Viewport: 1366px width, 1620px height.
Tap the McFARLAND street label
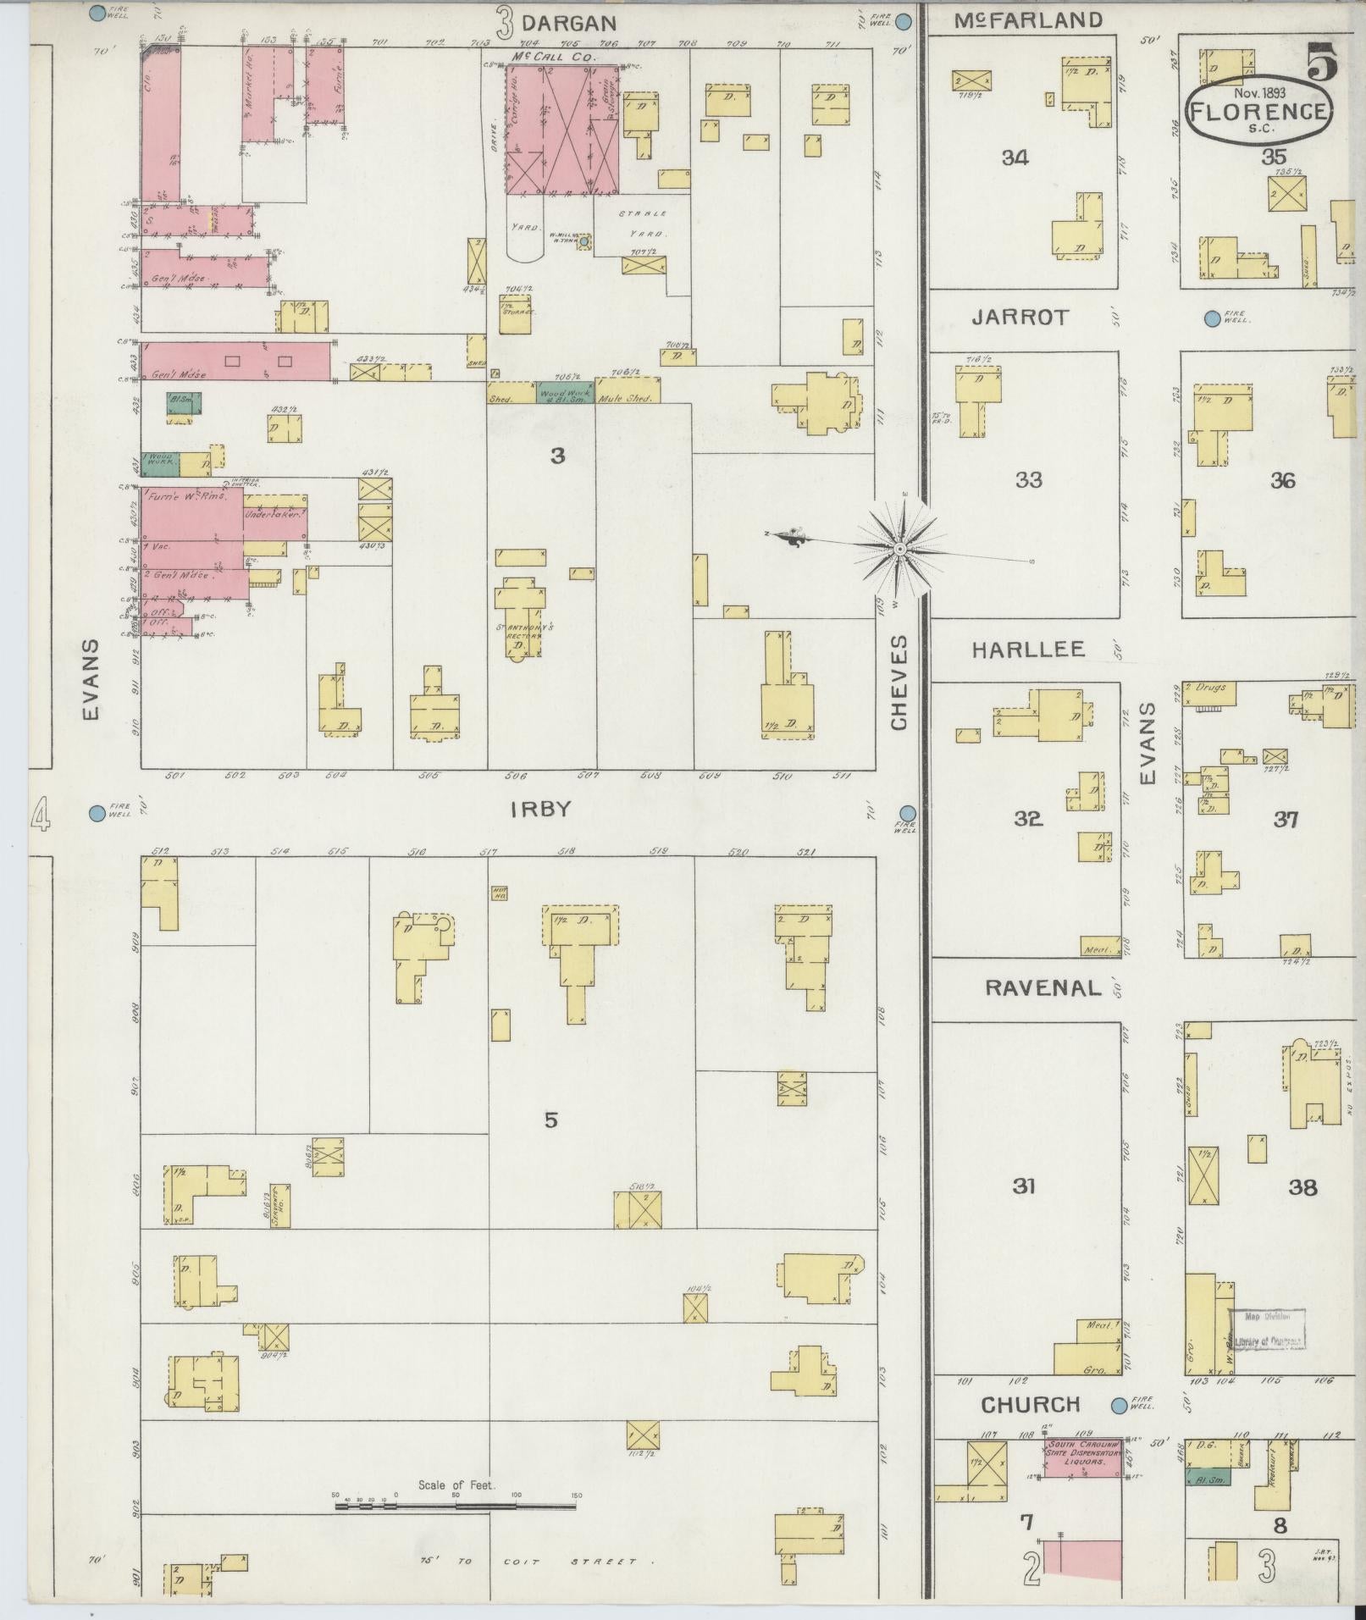[1028, 20]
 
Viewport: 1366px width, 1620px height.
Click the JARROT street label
[1021, 318]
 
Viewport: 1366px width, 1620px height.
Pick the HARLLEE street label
[1027, 650]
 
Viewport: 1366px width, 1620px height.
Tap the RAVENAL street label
[1042, 987]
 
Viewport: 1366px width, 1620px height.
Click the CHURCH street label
[1030, 1405]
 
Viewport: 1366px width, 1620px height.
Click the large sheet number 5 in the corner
[1322, 59]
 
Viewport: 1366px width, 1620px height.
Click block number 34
[1015, 157]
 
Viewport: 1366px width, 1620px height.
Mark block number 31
[1024, 1186]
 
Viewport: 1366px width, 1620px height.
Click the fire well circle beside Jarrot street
[1212, 318]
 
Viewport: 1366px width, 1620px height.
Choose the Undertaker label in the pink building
[274, 514]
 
